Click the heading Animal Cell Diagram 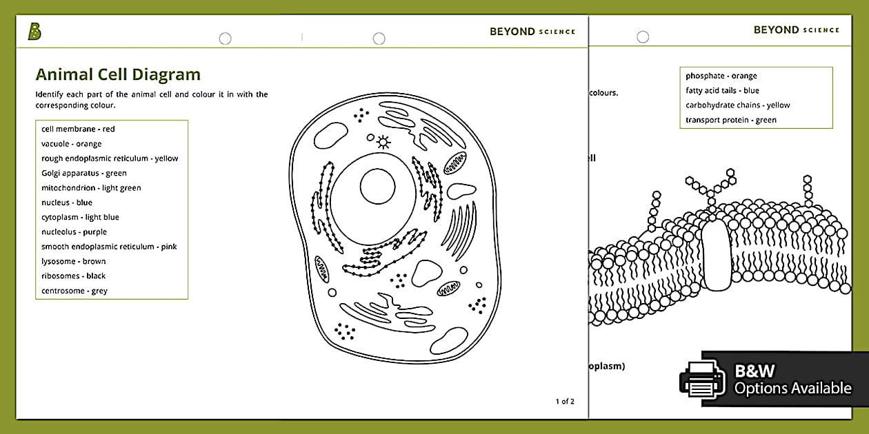[x=118, y=74]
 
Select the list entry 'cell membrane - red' [x=78, y=129]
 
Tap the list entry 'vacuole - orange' [x=71, y=144]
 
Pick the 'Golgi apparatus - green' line [x=83, y=173]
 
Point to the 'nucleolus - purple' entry [x=74, y=232]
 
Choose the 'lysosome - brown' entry [x=73, y=261]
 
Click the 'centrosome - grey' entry [x=74, y=291]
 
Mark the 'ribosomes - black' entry [x=73, y=276]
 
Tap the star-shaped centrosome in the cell [x=383, y=143]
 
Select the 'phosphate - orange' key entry [x=721, y=76]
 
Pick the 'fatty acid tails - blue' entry [x=722, y=90]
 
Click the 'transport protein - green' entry [x=730, y=120]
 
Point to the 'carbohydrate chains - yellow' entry [x=737, y=105]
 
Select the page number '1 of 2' [x=564, y=402]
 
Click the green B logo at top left [x=34, y=32]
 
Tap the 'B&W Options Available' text [x=792, y=380]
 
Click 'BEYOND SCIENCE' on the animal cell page [x=532, y=32]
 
